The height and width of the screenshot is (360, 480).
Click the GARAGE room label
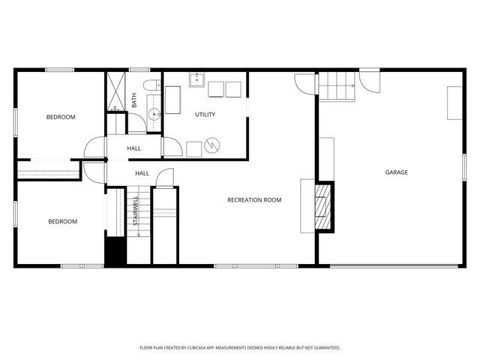(397, 172)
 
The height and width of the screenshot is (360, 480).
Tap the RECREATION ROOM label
(254, 199)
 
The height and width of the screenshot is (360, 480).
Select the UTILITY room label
(205, 115)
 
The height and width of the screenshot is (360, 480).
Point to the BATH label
(134, 100)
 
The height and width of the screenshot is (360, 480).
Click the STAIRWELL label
(136, 211)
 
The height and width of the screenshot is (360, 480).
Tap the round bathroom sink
(152, 115)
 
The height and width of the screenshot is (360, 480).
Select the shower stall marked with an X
(116, 91)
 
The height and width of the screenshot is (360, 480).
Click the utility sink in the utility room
(197, 79)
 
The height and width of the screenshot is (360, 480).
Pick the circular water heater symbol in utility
(213, 142)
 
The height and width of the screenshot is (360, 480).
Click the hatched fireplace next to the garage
(322, 205)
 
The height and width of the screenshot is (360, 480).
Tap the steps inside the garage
(337, 86)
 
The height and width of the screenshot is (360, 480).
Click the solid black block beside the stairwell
(115, 250)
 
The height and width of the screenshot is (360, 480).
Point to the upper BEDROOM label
(61, 117)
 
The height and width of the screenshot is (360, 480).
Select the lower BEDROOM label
(63, 221)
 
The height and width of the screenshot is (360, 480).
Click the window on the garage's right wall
(465, 167)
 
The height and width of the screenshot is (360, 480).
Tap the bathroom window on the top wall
(139, 70)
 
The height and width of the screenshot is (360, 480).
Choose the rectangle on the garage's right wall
(454, 103)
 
